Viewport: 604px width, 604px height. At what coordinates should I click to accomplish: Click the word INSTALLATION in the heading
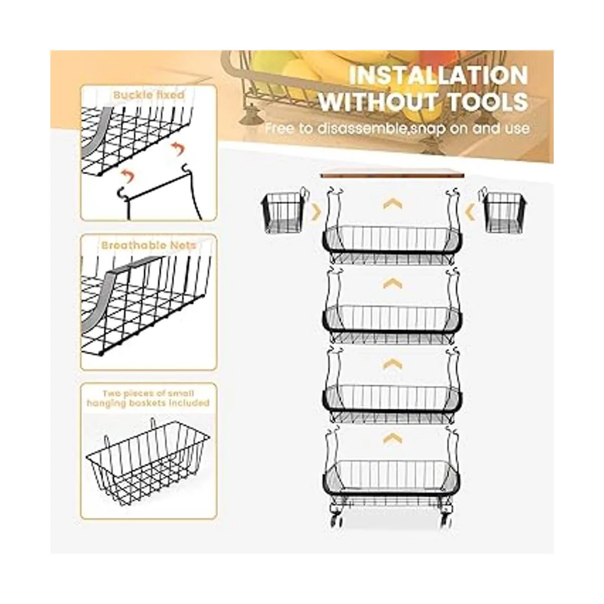point(438,75)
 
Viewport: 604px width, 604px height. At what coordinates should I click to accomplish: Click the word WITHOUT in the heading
point(377,102)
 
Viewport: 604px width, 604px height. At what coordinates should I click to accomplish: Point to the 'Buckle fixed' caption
point(148,95)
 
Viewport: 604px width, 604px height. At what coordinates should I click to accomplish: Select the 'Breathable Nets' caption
point(148,245)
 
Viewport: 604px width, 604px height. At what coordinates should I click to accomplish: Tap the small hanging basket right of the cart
point(504,212)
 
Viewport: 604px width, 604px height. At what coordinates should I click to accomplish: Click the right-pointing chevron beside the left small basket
point(317,212)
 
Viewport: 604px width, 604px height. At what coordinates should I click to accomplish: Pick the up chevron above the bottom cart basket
point(393,438)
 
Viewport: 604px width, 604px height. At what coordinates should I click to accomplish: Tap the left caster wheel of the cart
point(336,521)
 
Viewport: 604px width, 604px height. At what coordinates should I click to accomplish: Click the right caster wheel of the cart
point(446,521)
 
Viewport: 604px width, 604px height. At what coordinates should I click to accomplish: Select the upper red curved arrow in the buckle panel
point(178,148)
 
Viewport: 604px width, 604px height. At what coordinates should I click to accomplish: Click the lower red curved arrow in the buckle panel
point(127,176)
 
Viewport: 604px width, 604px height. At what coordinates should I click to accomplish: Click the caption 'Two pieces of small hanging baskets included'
point(148,398)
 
